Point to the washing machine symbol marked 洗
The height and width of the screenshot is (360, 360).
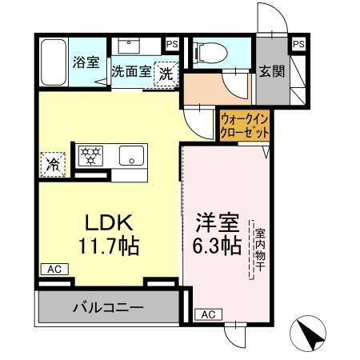tap(166, 72)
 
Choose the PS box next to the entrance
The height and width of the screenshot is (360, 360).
tap(298, 43)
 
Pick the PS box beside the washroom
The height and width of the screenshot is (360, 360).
tap(172, 44)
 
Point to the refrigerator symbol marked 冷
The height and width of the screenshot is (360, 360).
tap(50, 166)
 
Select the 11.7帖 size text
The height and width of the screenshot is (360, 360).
tap(108, 245)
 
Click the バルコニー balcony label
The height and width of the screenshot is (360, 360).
tap(108, 306)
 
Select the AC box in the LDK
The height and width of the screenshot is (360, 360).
tap(51, 270)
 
